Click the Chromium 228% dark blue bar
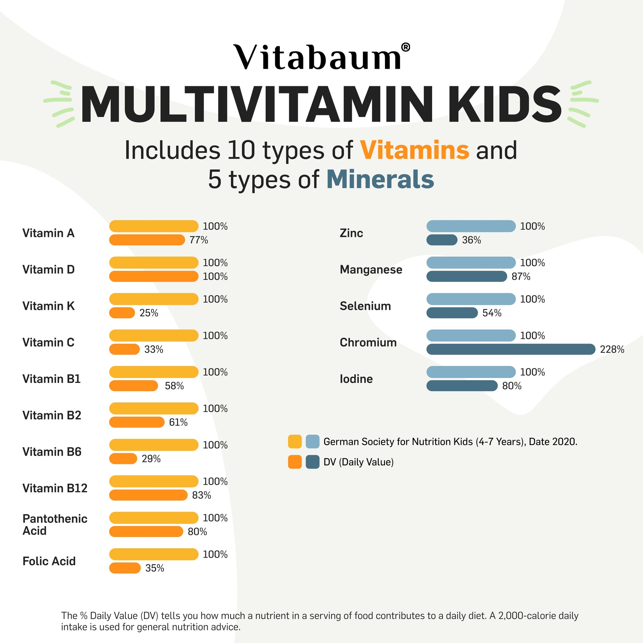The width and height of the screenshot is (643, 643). (x=511, y=349)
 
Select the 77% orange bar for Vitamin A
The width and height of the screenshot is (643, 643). (x=147, y=240)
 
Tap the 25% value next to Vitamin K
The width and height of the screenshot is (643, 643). (x=149, y=313)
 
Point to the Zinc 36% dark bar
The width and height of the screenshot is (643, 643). (x=442, y=240)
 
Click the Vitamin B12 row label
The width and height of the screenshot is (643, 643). (x=55, y=488)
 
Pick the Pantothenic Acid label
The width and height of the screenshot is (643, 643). (x=55, y=524)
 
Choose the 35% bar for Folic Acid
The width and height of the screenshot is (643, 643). (x=125, y=568)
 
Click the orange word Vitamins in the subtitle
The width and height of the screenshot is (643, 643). (x=414, y=150)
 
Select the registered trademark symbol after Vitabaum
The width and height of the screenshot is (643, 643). (x=405, y=48)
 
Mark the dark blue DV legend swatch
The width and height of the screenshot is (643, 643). (x=313, y=462)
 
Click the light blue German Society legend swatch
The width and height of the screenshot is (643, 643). (x=313, y=442)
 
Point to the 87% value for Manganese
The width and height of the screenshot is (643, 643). (x=521, y=277)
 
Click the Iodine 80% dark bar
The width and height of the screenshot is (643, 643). (x=462, y=386)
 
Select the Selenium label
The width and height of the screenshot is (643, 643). (x=365, y=306)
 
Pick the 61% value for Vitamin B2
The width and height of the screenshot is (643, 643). (x=178, y=422)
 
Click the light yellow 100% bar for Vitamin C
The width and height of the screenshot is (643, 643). (x=153, y=335)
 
